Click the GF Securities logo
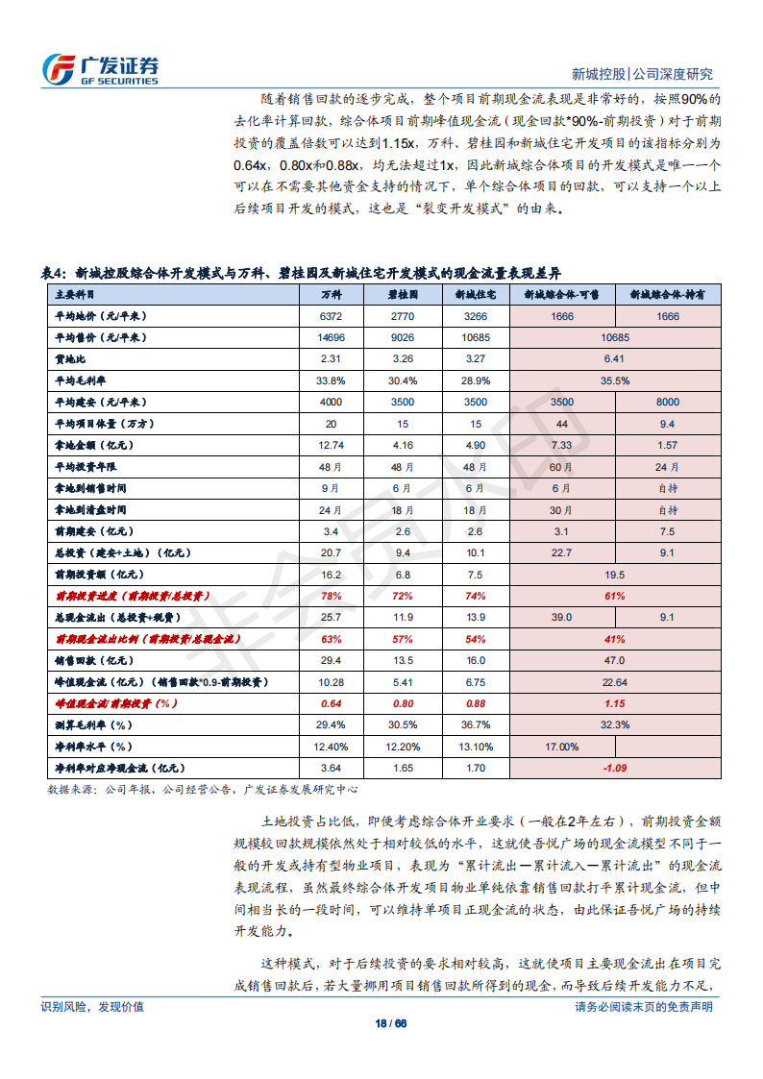tap(100, 68)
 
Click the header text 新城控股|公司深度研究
tap(642, 74)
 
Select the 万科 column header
tap(331, 295)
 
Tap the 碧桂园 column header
tap(404, 295)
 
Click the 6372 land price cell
tap(331, 316)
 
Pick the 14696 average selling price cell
tap(331, 337)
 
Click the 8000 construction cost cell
tap(667, 402)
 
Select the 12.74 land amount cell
tap(331, 445)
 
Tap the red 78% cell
tap(331, 596)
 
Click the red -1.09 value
tap(615, 768)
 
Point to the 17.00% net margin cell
tap(562, 747)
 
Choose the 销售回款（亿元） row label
tap(93, 660)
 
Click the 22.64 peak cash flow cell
tap(615, 682)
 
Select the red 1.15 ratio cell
tap(615, 703)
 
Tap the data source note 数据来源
tap(203, 790)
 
